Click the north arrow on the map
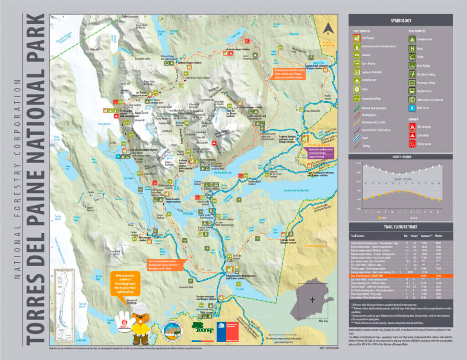point(327,28)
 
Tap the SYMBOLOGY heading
point(400,21)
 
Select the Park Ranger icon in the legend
point(357,38)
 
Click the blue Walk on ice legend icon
point(412,108)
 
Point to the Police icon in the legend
point(357,89)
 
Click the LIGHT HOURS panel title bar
point(400,157)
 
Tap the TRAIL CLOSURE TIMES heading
point(400,226)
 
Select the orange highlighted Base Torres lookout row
point(400,276)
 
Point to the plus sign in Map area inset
point(312,300)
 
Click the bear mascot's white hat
point(140,308)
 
